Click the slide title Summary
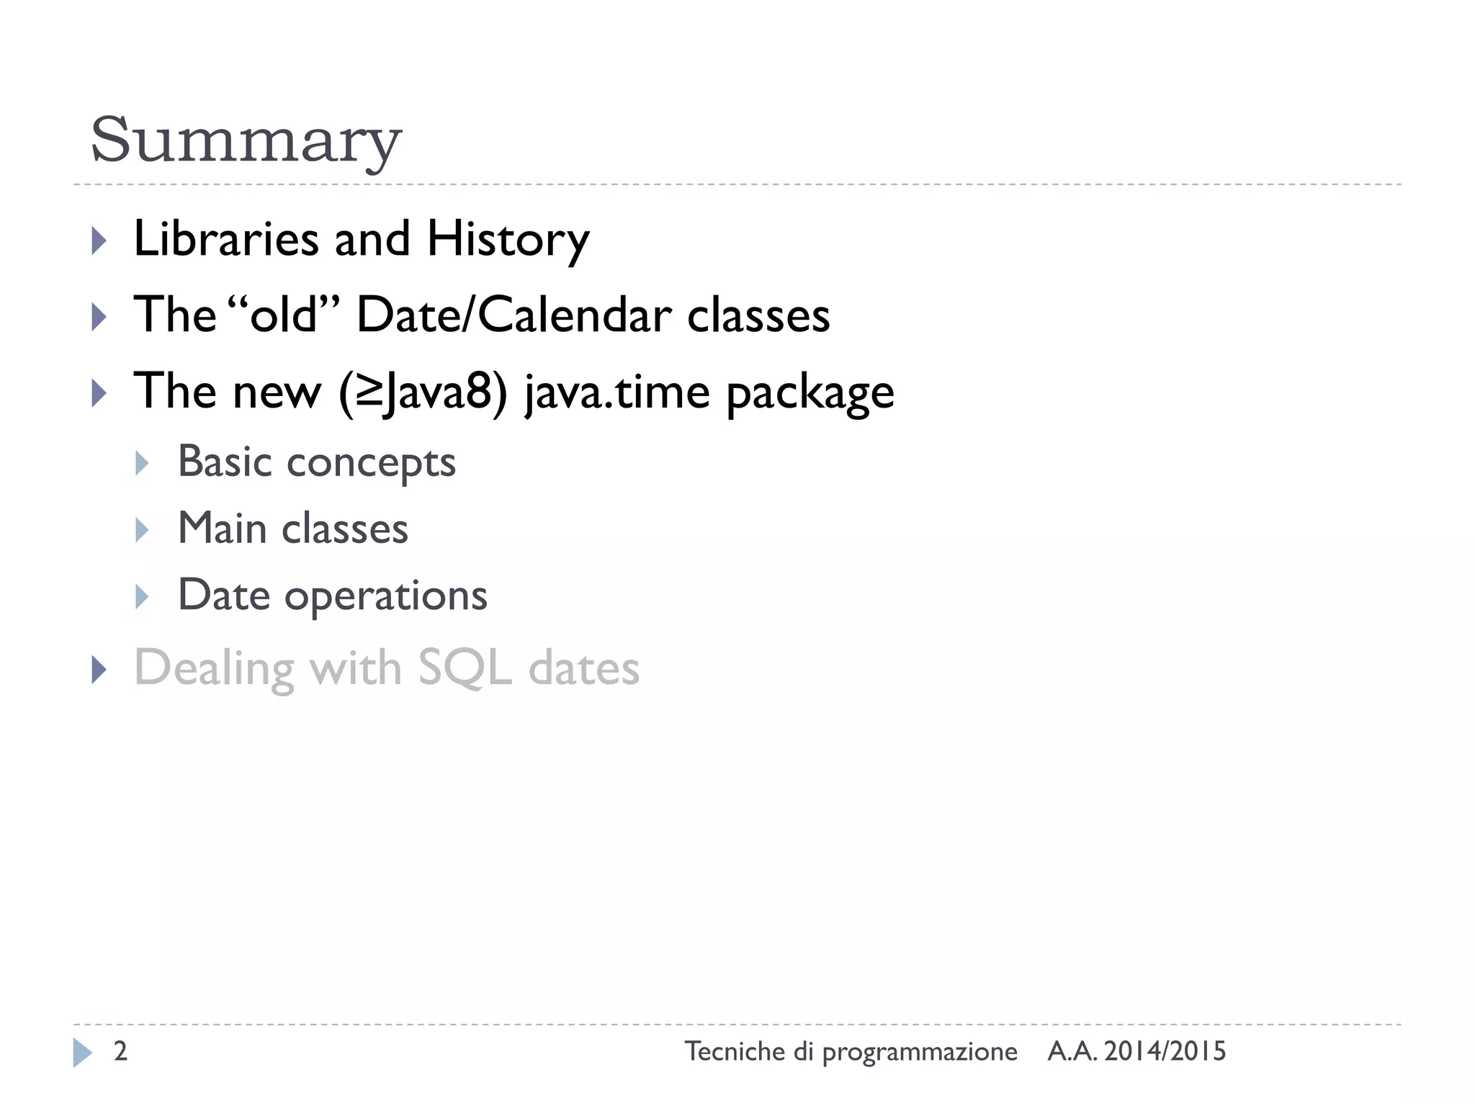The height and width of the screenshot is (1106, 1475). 245,140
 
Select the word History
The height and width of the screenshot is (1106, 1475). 508,240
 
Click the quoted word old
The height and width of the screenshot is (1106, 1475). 284,315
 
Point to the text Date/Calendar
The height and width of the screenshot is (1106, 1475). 514,315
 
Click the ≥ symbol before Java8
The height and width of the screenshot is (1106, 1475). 369,392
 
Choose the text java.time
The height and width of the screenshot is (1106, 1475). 617,392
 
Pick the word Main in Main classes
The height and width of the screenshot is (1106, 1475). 222,528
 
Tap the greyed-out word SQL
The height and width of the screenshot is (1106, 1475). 465,668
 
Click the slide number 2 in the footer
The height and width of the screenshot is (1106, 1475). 121,1051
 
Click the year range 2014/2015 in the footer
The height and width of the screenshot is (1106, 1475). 1165,1051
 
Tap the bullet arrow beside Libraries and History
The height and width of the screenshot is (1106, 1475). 99,240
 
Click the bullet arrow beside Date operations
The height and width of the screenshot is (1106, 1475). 142,597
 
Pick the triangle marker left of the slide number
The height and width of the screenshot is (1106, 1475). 83,1053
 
